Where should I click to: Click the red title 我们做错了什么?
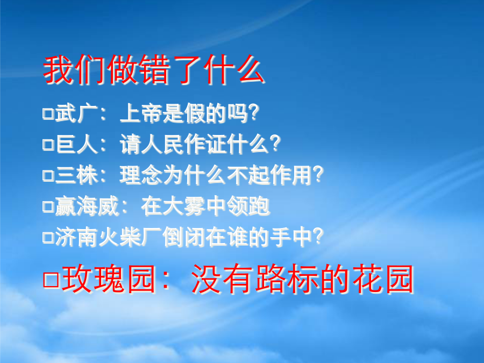click(x=153, y=69)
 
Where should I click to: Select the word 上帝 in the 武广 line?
click(x=141, y=113)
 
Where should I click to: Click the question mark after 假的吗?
click(x=254, y=113)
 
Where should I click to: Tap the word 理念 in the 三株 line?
click(x=141, y=175)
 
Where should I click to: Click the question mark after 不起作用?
click(x=318, y=174)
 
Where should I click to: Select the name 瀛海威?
click(x=87, y=206)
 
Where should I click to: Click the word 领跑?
click(x=248, y=206)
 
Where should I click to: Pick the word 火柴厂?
click(x=130, y=237)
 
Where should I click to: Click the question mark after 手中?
click(x=318, y=237)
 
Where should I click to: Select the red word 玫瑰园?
click(x=109, y=279)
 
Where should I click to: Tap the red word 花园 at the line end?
click(x=383, y=279)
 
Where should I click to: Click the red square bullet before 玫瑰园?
click(x=51, y=280)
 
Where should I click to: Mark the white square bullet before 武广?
click(x=48, y=113)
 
